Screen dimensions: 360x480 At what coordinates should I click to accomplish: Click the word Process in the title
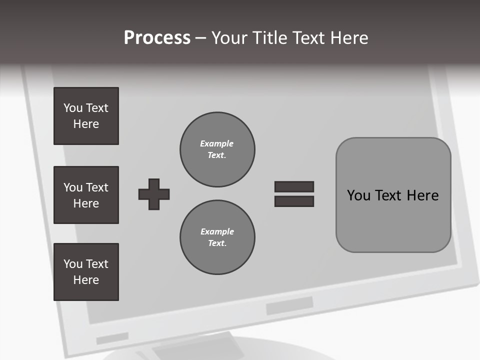tap(157, 38)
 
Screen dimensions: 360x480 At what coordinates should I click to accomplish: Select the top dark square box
tap(86, 116)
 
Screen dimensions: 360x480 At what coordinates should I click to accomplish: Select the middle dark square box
tap(86, 195)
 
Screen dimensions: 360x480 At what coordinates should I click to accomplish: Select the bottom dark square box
tap(86, 272)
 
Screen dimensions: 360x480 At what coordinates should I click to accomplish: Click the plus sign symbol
tap(154, 194)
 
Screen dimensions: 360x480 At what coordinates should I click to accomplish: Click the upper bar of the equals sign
tap(294, 186)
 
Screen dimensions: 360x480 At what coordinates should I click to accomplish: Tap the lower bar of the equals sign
tap(294, 201)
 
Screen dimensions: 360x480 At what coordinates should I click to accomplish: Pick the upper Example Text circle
tap(217, 149)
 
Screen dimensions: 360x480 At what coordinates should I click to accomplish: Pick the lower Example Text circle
tap(217, 237)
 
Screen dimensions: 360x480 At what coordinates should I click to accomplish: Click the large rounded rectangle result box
tap(393, 220)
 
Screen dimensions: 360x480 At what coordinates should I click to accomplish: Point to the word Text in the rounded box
tap(389, 195)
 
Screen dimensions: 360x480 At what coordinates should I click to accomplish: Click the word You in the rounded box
tap(359, 195)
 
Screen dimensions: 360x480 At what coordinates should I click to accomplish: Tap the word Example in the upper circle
tap(217, 143)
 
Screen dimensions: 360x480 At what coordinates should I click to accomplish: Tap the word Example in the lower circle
tap(217, 231)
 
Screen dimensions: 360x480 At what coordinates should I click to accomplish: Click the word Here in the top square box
tap(86, 124)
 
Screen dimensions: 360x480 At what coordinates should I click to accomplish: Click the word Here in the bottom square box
tap(86, 280)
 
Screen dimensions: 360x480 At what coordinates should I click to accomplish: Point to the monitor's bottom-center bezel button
tap(289, 305)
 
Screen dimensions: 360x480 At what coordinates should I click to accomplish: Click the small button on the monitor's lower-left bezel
tap(112, 338)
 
